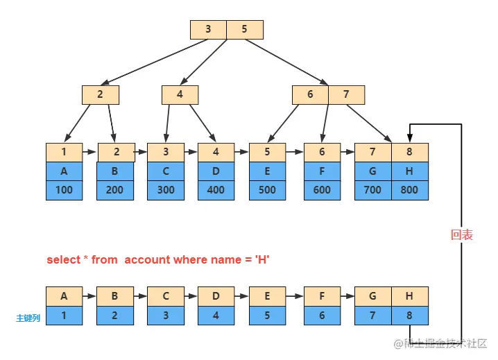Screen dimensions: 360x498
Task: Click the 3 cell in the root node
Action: point(208,29)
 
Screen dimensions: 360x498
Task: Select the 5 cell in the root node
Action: point(244,29)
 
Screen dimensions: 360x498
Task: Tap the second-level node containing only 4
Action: point(180,94)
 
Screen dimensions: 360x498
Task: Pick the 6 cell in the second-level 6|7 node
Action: point(310,94)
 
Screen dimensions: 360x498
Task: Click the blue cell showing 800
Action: point(410,189)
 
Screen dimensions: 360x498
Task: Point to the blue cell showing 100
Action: point(65,189)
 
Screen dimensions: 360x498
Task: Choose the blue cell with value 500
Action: point(267,189)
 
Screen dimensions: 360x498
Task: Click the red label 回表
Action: point(462,235)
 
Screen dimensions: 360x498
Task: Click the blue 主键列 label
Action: point(28,318)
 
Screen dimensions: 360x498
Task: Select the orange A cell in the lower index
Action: point(65,296)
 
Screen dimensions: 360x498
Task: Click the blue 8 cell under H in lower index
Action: point(410,316)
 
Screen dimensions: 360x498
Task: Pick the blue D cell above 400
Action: point(216,171)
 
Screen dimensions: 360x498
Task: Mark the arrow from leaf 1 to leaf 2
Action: point(90,152)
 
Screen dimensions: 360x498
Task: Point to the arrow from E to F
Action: point(294,296)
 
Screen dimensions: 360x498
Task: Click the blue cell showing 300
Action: point(166,189)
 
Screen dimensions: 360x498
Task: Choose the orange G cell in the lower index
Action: point(373,296)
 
